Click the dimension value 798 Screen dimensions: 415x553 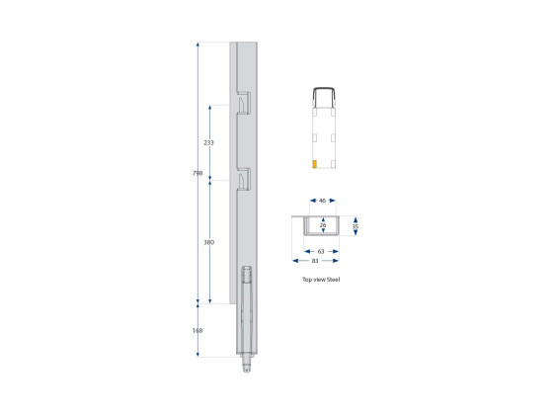[x=198, y=174]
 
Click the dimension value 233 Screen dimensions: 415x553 [x=208, y=143]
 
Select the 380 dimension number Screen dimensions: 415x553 [x=208, y=242]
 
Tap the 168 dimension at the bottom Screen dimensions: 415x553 [x=197, y=330]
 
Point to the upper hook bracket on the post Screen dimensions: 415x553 [x=244, y=102]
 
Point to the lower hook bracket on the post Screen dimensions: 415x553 [x=244, y=179]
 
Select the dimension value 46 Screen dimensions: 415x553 [x=323, y=201]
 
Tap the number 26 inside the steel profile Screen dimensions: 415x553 [x=323, y=225]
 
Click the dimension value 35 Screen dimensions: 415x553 [x=355, y=226]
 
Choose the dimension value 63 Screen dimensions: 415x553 [x=322, y=252]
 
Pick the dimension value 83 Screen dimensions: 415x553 [x=316, y=262]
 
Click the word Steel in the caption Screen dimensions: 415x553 [x=335, y=281]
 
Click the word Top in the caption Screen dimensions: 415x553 [x=306, y=281]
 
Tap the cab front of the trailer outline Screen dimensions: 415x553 [x=323, y=94]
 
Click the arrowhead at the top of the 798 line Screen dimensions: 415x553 [x=198, y=45]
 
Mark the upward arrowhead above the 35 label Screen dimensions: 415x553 [x=355, y=218]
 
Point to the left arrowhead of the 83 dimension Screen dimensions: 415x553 [x=294, y=262]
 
